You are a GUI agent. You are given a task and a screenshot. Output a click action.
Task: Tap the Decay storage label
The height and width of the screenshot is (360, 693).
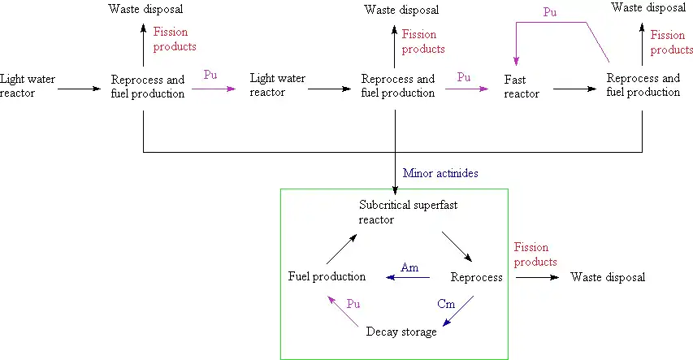[401, 332]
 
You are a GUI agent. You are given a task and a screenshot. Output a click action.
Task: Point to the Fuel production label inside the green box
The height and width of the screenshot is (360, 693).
[327, 277]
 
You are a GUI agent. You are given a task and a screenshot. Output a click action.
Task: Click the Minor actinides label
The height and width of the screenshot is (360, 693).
[440, 173]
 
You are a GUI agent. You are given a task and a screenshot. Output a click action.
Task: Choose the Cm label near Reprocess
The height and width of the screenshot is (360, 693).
[446, 304]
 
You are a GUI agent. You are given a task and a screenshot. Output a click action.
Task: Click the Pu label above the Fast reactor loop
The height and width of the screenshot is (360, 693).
[550, 13]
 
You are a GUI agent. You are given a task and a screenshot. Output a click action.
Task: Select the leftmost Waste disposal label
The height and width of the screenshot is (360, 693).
[145, 10]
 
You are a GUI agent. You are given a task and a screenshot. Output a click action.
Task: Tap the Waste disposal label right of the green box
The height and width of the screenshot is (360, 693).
[608, 277]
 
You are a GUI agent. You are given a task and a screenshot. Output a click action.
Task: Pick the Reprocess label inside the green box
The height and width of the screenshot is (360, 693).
[477, 277]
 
